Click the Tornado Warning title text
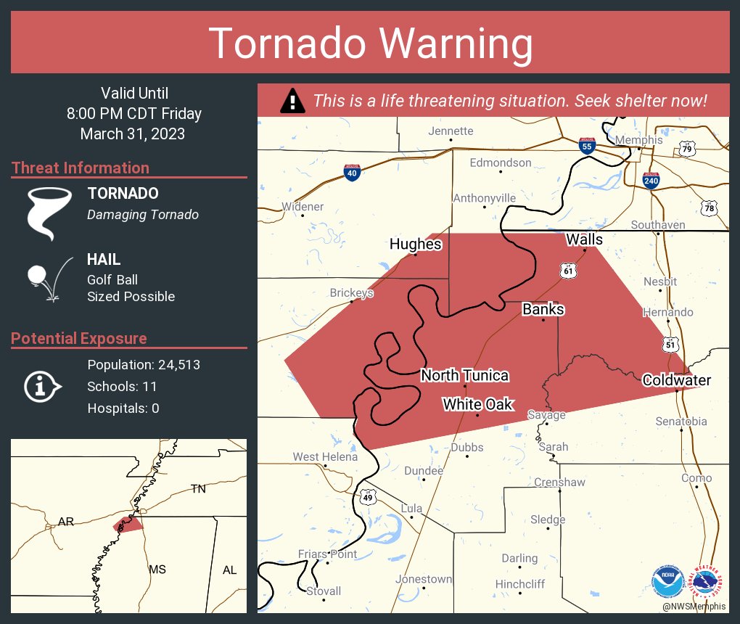click(x=371, y=44)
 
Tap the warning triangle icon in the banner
click(x=292, y=101)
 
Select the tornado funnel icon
click(x=49, y=212)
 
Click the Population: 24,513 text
click(x=144, y=365)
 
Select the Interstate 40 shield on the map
click(x=353, y=173)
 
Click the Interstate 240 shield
click(x=651, y=179)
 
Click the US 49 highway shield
click(x=368, y=497)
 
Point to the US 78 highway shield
click(x=709, y=208)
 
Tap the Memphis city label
click(x=638, y=139)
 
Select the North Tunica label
click(x=464, y=375)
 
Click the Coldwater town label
click(x=676, y=380)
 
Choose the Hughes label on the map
click(x=415, y=244)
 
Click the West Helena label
click(x=325, y=457)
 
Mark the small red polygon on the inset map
click(x=128, y=523)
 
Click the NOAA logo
click(x=667, y=581)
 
